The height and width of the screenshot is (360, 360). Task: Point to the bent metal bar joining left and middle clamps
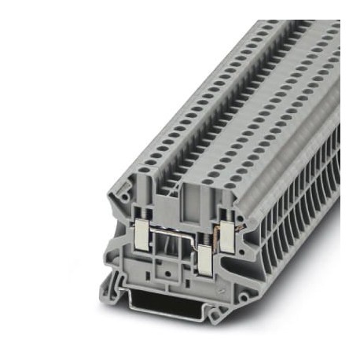(174, 235)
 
